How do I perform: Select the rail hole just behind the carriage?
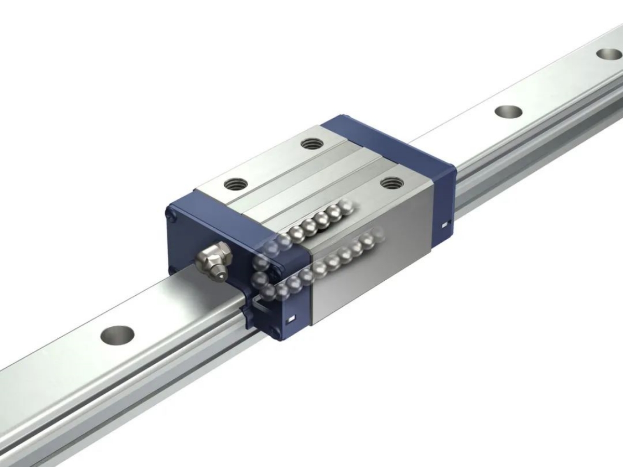[509, 112]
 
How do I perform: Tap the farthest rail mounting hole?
[608, 54]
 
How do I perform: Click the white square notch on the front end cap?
[292, 318]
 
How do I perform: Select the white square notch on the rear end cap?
[445, 225]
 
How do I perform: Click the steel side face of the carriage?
[374, 275]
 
